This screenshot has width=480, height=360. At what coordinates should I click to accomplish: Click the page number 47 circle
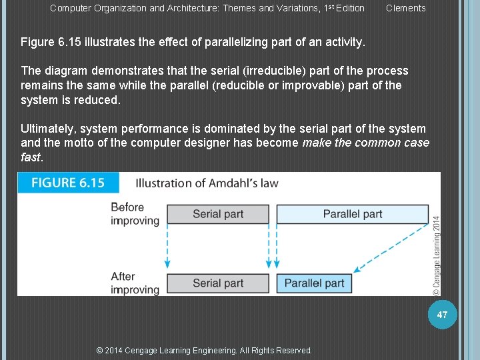tap(443, 313)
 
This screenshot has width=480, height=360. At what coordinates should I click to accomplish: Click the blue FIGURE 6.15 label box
tap(68, 183)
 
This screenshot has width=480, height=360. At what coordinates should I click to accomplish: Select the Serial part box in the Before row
tap(217, 214)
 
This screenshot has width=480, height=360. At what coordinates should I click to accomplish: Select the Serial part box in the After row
tap(217, 283)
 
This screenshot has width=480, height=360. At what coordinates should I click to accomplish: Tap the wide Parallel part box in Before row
tap(352, 214)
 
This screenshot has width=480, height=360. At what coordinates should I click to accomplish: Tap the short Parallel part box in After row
tap(314, 283)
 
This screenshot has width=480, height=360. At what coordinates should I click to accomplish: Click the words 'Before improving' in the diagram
tap(135, 213)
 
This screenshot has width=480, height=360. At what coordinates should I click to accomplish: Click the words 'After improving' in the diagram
tap(135, 283)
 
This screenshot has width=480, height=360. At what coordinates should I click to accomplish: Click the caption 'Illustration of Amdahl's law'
tap(207, 183)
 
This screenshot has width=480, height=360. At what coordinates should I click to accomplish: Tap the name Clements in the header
tap(405, 8)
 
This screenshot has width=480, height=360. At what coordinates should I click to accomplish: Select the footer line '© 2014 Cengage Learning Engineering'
tap(203, 350)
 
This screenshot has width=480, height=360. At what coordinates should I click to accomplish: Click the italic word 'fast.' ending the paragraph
tap(31, 157)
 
